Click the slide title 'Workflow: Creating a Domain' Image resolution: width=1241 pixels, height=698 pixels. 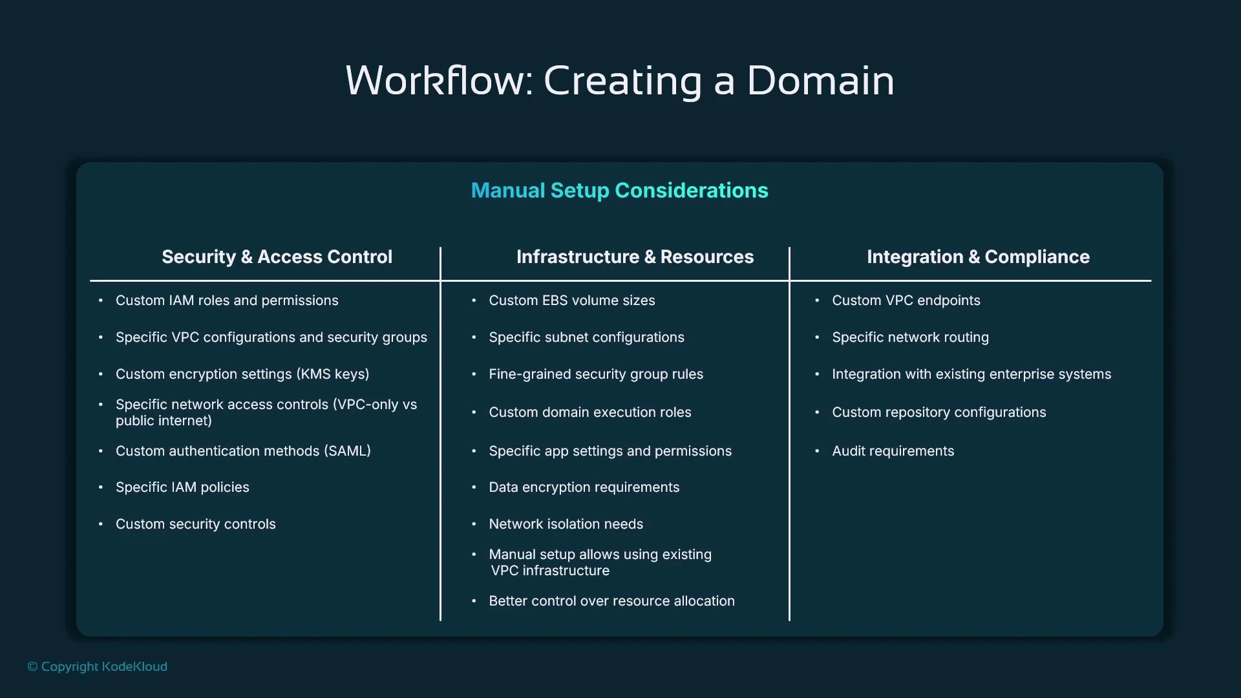[x=619, y=81]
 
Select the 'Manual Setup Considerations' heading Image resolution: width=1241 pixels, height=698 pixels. [x=619, y=191]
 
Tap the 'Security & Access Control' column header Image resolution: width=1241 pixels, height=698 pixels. [x=277, y=257]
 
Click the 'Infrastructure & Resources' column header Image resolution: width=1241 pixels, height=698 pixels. [x=635, y=257]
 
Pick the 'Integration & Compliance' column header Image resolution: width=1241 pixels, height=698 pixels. [x=978, y=257]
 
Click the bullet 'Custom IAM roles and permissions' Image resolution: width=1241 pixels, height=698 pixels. [x=226, y=301]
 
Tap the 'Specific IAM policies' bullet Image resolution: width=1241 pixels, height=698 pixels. [x=182, y=487]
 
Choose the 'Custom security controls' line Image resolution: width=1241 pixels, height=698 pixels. [x=195, y=524]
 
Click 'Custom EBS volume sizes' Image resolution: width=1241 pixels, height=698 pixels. [x=571, y=301]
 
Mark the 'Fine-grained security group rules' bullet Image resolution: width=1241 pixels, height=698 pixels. [x=595, y=374]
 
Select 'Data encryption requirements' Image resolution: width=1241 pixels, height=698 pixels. [x=584, y=487]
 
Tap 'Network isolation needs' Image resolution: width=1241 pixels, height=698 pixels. [x=566, y=524]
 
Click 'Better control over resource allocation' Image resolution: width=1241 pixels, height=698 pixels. [x=611, y=601]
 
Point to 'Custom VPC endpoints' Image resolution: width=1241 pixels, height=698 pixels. [x=906, y=301]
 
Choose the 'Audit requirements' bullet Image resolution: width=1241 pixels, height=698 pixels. [x=893, y=451]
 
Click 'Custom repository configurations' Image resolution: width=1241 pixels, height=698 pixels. [x=939, y=412]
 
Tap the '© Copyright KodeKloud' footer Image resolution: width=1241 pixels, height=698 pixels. [x=97, y=666]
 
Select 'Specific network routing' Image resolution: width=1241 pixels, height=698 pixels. [x=910, y=337]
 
